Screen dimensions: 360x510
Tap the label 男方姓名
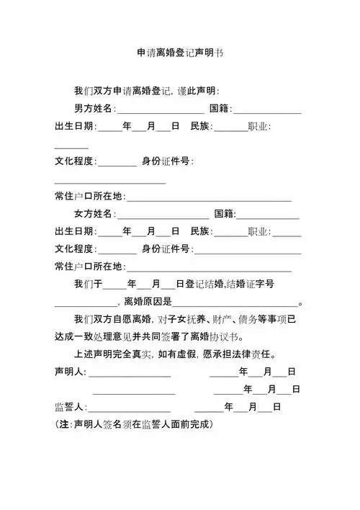(94, 109)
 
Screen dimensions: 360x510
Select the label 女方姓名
(94, 214)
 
